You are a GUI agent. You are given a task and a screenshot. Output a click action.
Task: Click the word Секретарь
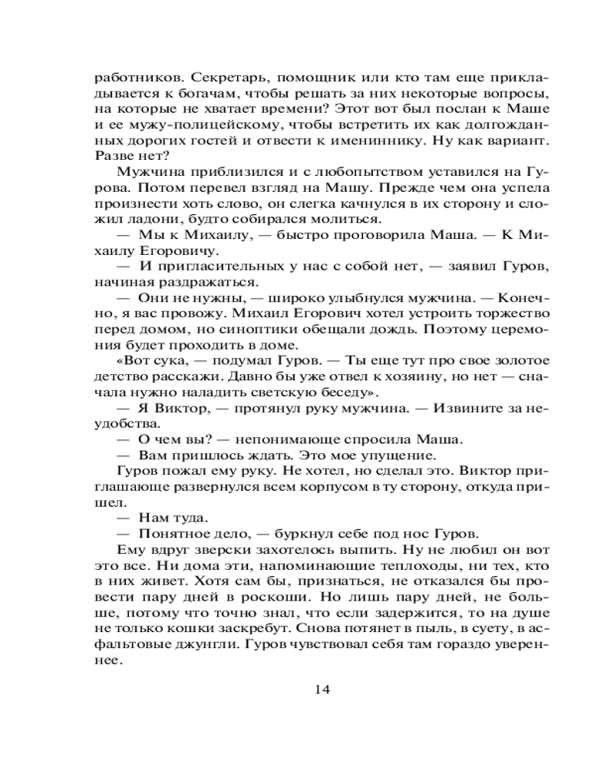(x=206, y=78)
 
